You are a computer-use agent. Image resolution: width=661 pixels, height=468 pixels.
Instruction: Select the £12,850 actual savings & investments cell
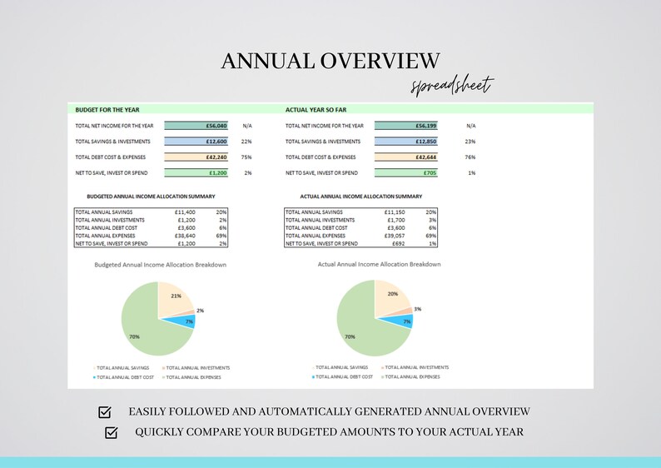[x=405, y=142]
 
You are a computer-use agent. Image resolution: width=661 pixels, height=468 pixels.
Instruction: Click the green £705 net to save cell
[x=405, y=173]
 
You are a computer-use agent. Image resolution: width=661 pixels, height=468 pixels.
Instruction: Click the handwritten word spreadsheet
[x=453, y=85]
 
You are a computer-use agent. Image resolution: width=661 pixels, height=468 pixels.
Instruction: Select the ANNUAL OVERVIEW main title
[x=330, y=61]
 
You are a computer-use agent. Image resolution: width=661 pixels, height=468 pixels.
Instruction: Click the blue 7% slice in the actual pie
[x=403, y=321]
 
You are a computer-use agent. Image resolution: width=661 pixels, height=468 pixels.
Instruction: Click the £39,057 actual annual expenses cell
[x=394, y=236]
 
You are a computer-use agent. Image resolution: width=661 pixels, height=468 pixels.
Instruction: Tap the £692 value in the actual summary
[x=398, y=243]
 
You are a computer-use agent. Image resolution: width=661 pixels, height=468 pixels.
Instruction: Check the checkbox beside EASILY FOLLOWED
[x=105, y=412]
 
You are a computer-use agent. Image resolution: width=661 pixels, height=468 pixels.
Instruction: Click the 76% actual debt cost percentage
[x=470, y=157]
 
